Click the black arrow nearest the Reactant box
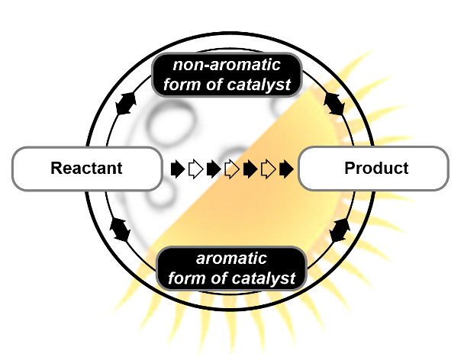(177, 169)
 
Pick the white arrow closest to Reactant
(195, 169)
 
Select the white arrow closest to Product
(269, 169)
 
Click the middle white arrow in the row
(232, 169)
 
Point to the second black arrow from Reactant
(214, 169)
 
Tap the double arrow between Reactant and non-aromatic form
(124, 104)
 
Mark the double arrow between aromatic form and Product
(340, 229)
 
